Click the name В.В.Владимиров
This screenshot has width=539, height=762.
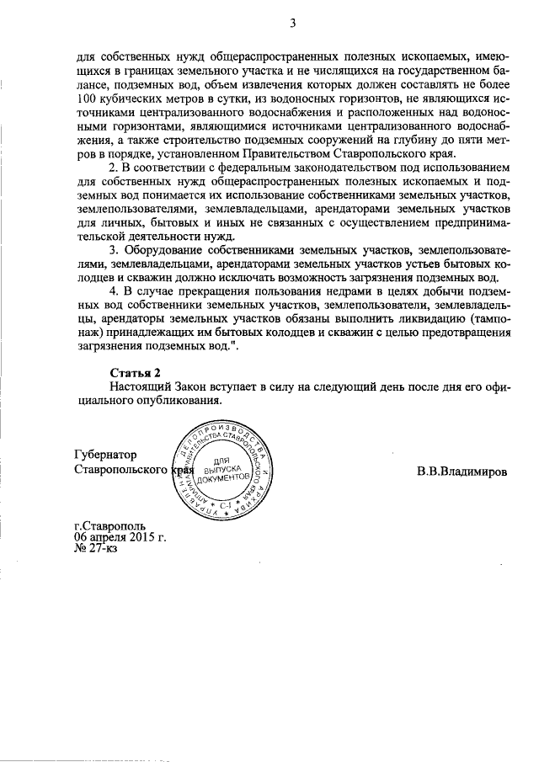coord(462,471)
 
